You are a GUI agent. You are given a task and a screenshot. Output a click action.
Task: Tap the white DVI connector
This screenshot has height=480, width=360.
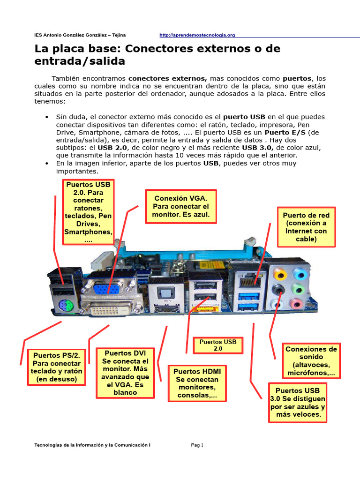(110, 309)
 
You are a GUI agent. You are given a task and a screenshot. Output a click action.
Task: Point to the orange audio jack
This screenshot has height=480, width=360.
(280, 274)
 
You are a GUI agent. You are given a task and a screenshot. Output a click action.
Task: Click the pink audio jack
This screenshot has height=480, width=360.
(296, 304)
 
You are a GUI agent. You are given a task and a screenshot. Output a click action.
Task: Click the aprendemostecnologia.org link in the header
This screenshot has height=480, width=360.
(197, 35)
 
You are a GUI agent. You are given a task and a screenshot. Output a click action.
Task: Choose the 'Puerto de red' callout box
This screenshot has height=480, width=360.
(306, 227)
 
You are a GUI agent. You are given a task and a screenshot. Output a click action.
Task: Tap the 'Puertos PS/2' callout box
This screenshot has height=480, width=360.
(57, 367)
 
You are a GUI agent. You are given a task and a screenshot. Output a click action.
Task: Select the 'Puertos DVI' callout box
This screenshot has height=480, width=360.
(125, 373)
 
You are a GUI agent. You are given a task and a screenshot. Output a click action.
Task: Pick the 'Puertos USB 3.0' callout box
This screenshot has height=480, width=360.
(298, 402)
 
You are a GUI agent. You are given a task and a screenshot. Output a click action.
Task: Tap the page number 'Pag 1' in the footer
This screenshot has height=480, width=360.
(197, 445)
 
